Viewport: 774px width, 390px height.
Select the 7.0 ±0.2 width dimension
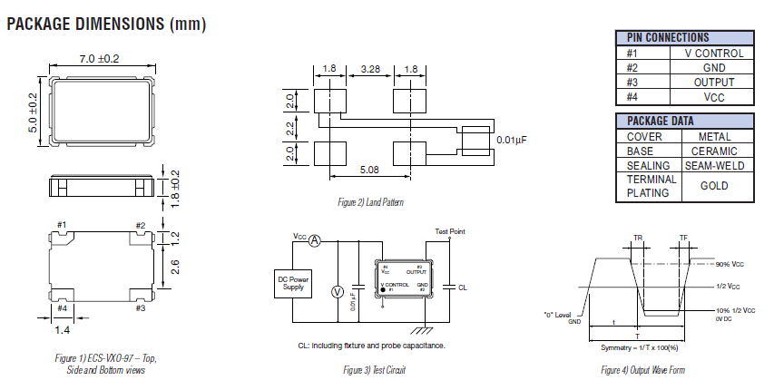pyautogui.click(x=100, y=59)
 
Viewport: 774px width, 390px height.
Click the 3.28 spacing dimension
pyautogui.click(x=369, y=69)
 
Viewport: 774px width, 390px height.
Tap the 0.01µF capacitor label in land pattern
pyautogui.click(x=514, y=139)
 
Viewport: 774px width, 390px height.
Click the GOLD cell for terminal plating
pyautogui.click(x=714, y=186)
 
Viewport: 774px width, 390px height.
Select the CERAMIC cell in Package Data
pyautogui.click(x=713, y=151)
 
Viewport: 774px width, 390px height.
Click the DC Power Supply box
pyautogui.click(x=293, y=284)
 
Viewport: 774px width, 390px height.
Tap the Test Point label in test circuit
pyautogui.click(x=449, y=231)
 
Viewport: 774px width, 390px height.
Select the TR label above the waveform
pyautogui.click(x=637, y=238)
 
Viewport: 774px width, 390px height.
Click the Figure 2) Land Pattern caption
pyautogui.click(x=369, y=201)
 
